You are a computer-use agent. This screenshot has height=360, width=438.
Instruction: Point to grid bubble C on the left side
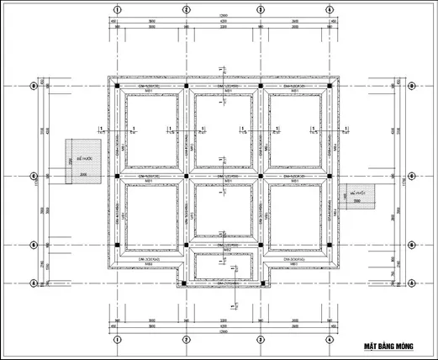33,176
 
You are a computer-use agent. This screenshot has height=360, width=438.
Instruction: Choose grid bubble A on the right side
412,283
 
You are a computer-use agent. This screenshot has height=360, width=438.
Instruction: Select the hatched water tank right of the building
359,195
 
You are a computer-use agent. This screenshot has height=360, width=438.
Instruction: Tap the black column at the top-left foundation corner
117,86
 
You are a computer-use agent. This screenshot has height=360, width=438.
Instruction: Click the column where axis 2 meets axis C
186,176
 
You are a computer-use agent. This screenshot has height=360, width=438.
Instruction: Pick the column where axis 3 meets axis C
261,176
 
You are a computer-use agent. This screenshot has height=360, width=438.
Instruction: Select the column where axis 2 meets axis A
186,283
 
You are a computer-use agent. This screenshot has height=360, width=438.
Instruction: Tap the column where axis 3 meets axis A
261,283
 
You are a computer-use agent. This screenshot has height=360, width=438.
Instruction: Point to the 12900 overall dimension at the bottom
224,331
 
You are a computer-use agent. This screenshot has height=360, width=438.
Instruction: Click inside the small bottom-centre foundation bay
224,267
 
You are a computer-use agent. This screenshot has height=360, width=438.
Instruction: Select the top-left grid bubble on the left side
33,86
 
